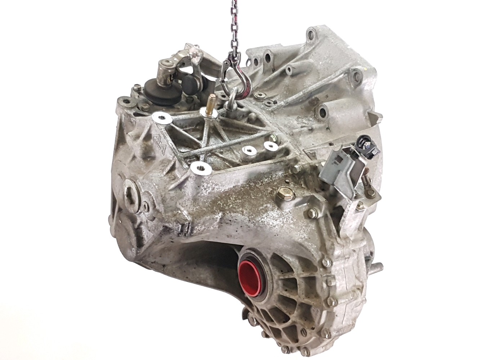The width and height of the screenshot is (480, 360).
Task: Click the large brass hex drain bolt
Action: [x=281, y=197]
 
